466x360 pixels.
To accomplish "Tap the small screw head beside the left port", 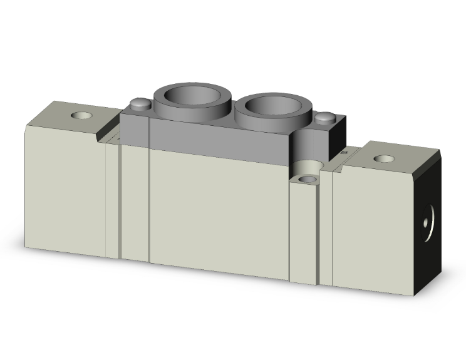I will coord(140,103).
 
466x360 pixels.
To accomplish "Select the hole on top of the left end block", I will coord(81,116).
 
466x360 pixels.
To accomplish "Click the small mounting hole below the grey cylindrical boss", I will coord(307,179).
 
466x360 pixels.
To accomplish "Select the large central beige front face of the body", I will coord(219,207).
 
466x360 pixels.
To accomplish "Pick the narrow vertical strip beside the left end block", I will coord(112,200).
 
